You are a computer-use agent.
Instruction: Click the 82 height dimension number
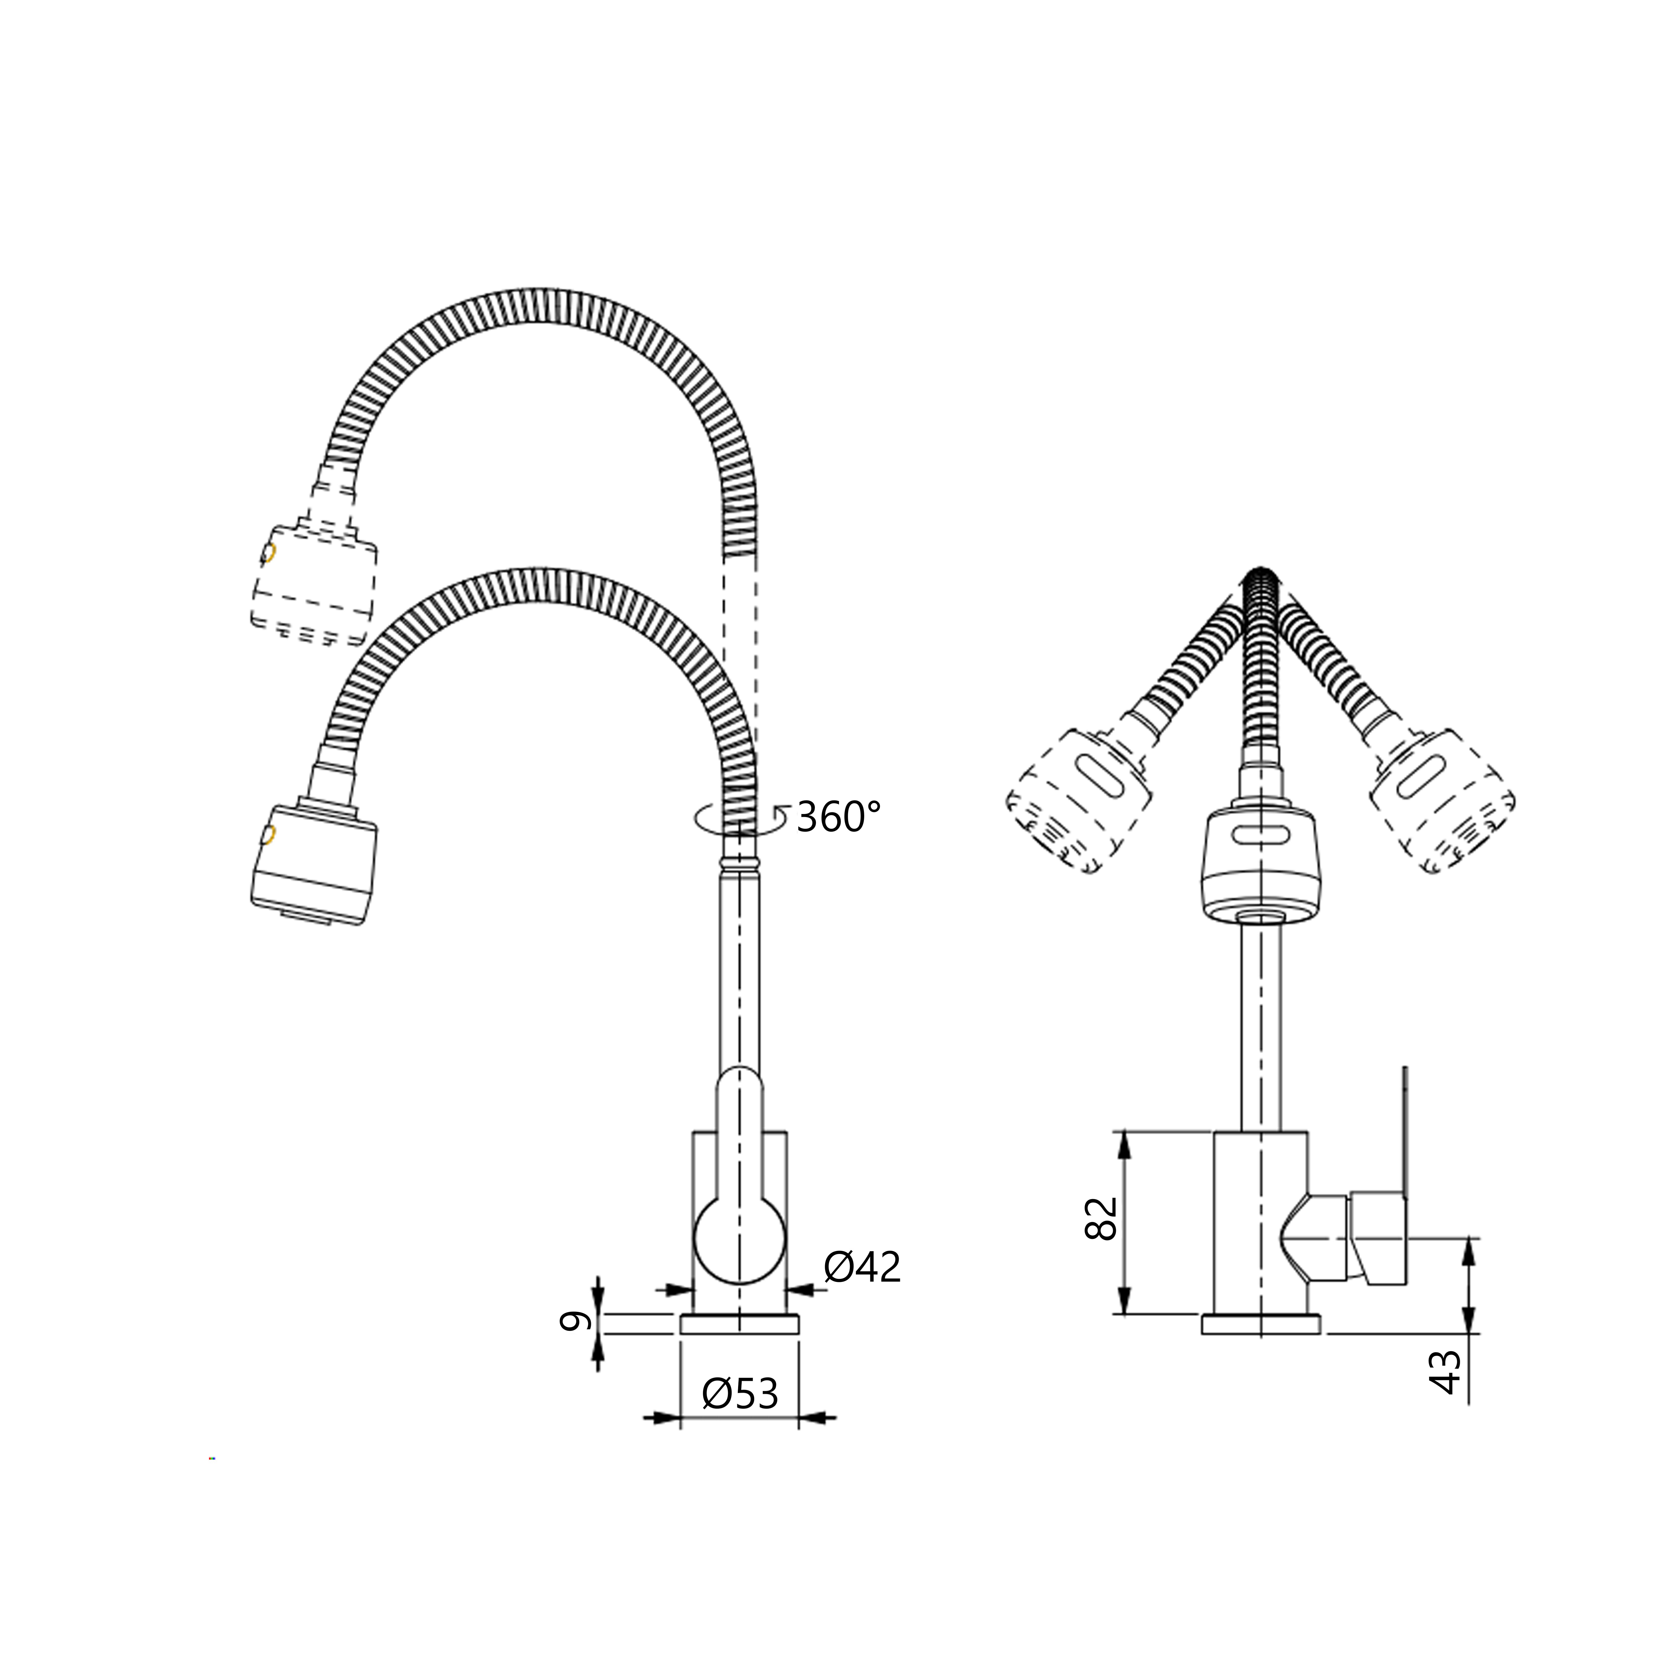(x=1101, y=1217)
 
